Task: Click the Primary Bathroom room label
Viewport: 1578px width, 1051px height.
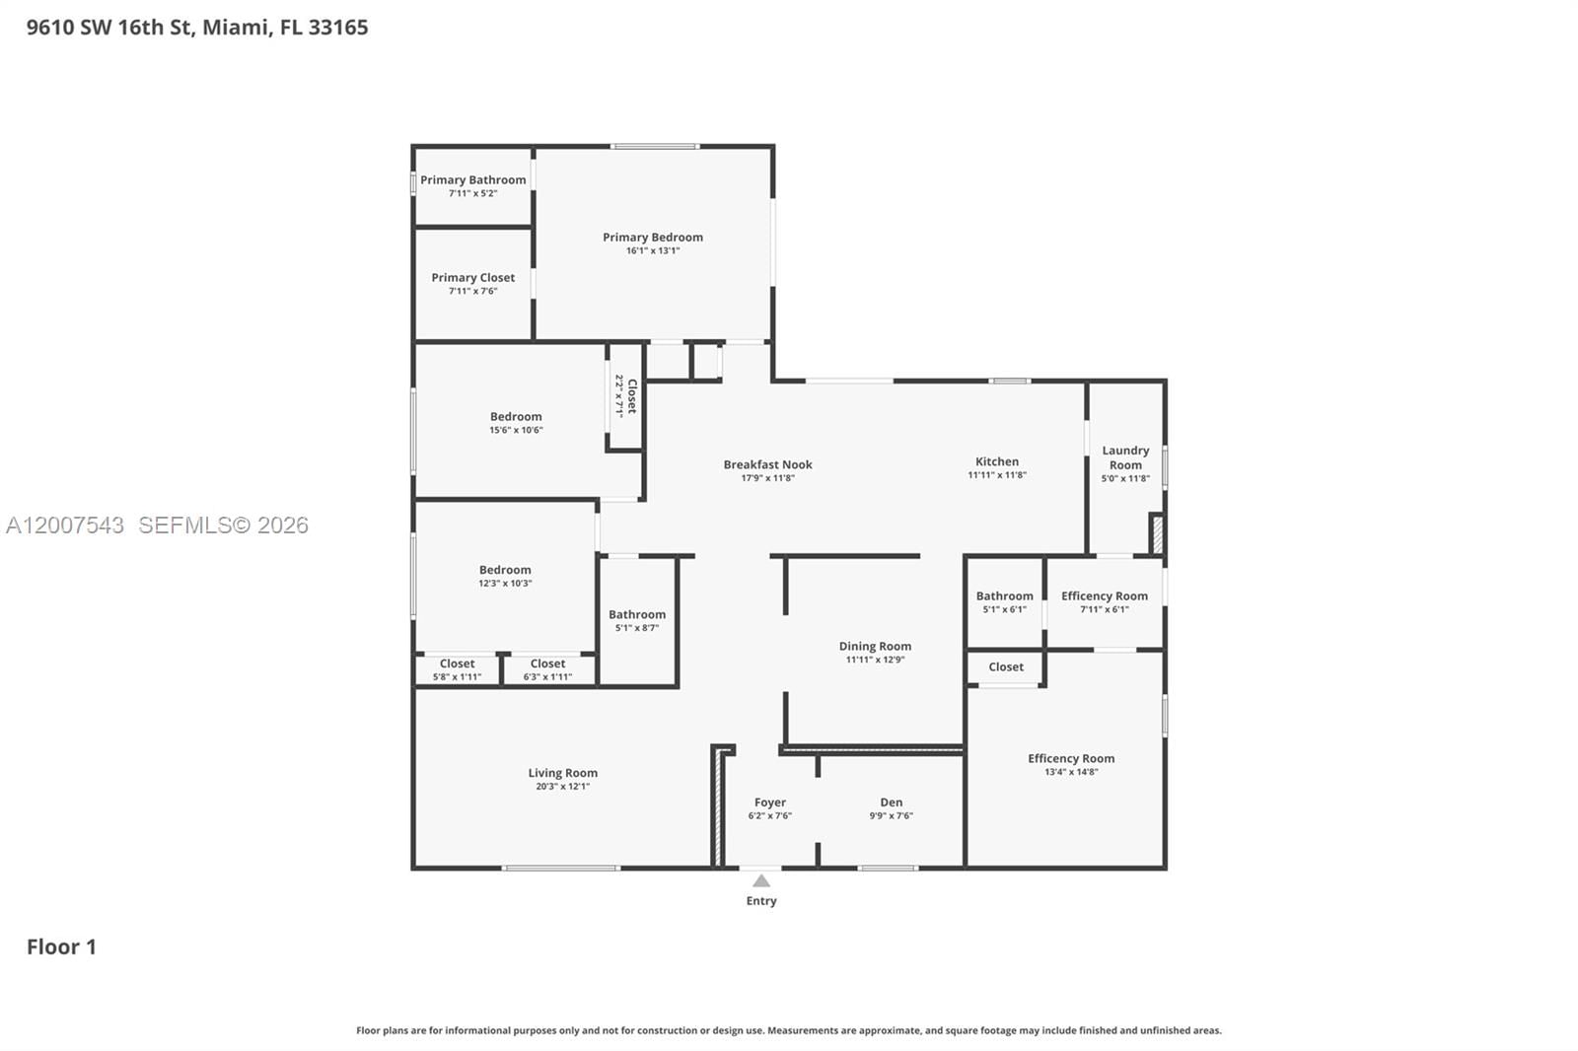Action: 472,179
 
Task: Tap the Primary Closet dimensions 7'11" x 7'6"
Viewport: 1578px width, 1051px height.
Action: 472,291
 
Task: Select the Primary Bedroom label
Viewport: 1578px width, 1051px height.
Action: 653,237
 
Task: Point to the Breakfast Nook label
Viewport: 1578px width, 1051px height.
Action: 767,464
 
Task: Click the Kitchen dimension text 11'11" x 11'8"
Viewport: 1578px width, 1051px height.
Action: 996,475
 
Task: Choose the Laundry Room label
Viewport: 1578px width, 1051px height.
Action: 1125,457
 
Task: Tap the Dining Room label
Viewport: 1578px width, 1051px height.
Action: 875,646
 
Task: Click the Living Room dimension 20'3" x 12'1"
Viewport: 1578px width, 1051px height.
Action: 562,787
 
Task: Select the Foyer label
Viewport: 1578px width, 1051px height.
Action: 769,803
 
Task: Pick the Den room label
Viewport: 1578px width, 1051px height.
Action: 891,803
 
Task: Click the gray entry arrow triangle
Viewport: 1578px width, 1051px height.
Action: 761,880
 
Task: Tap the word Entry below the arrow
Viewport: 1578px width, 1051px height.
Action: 761,901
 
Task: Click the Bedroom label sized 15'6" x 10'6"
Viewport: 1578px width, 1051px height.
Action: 516,416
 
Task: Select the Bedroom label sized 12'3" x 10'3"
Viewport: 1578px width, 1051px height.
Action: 505,570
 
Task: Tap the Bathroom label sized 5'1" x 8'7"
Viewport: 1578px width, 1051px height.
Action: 636,614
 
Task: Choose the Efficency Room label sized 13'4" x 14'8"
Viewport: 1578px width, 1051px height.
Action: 1071,758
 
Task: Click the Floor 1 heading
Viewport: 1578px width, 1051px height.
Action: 61,946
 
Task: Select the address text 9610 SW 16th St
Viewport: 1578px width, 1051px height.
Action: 108,28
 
